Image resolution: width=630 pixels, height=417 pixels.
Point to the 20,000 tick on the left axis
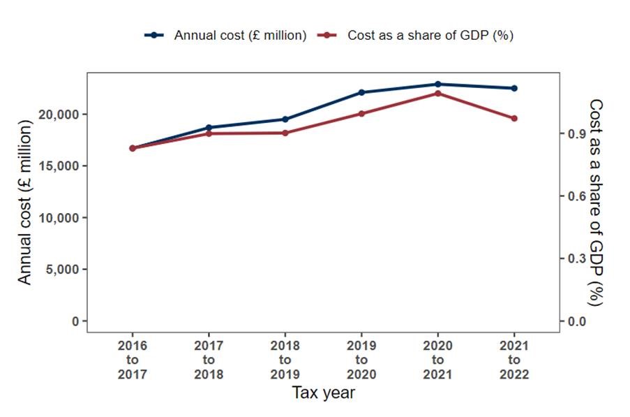(x=62, y=114)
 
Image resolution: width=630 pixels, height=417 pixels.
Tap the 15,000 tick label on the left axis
(x=62, y=166)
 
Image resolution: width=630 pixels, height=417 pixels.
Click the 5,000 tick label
(x=65, y=269)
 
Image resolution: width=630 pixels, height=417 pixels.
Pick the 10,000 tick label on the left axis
(x=62, y=217)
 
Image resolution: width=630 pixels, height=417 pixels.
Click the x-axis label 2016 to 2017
(x=132, y=360)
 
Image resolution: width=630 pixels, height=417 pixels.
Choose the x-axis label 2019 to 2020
(x=361, y=360)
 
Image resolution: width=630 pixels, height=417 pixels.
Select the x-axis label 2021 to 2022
(x=514, y=360)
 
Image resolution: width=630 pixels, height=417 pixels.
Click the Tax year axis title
(x=323, y=393)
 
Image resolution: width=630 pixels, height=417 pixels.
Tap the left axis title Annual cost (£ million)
(x=25, y=202)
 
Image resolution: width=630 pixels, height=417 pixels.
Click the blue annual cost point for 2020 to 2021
(x=437, y=84)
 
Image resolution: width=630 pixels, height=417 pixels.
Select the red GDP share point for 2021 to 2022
(x=514, y=118)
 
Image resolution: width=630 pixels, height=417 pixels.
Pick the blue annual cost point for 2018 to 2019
(x=285, y=119)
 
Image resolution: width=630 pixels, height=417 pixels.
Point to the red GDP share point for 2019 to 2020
(x=361, y=113)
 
